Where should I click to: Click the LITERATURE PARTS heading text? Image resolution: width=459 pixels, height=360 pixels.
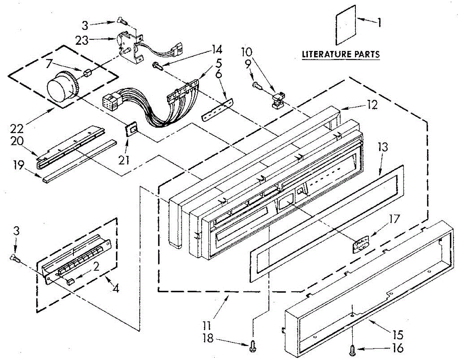click(x=341, y=54)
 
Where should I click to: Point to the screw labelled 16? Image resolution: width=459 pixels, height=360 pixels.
click(x=352, y=349)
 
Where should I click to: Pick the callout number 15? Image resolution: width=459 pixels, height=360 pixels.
click(x=397, y=336)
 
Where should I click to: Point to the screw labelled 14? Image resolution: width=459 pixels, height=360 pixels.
click(x=158, y=65)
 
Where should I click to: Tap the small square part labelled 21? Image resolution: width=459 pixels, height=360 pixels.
click(x=132, y=129)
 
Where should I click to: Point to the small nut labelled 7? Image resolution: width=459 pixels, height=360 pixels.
click(x=86, y=72)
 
